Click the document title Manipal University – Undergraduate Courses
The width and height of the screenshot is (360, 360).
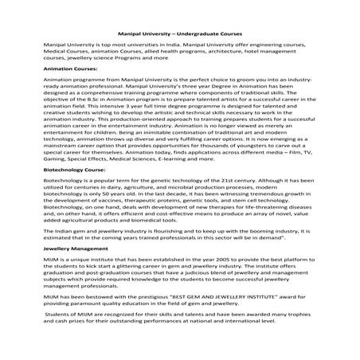179,36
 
